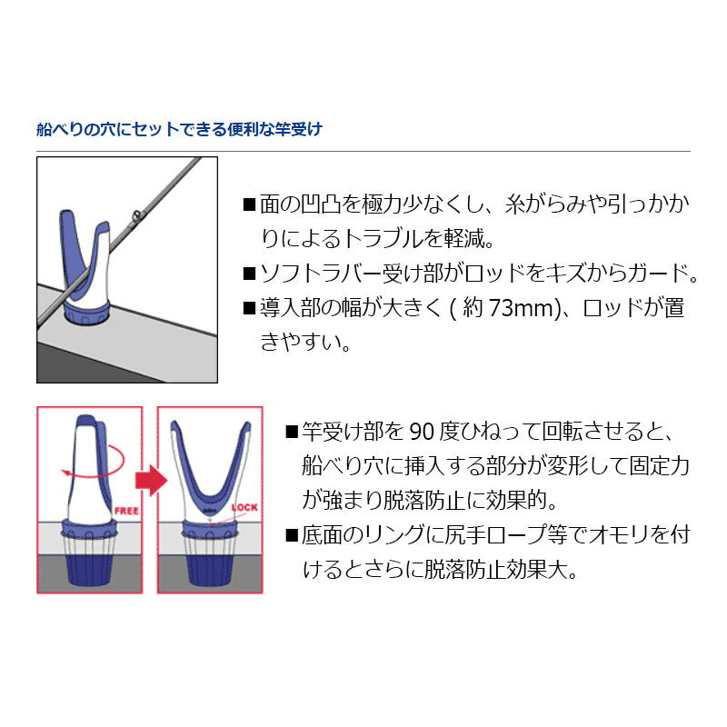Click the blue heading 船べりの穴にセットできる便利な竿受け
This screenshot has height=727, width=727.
tap(179, 130)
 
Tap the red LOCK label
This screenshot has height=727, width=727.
tap(246, 508)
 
